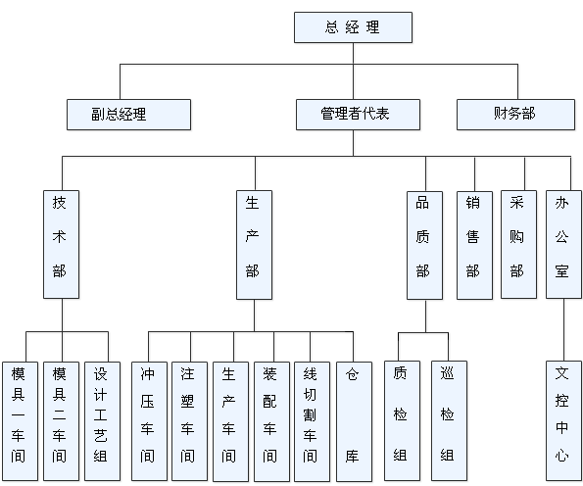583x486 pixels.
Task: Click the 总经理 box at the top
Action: point(353,27)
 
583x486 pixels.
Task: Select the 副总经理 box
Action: point(128,115)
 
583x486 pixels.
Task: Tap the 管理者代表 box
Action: point(358,115)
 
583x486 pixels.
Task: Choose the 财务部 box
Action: point(515,115)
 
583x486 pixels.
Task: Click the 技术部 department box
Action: point(61,244)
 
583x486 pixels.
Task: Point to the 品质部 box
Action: point(424,245)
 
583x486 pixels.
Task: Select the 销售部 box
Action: point(474,245)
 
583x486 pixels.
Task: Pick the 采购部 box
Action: point(518,245)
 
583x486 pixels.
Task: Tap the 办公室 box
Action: point(563,244)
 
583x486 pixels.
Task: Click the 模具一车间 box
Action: point(20,421)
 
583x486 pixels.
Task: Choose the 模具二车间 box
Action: point(61,421)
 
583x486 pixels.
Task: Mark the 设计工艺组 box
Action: point(102,421)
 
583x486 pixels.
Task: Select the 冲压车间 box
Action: point(149,421)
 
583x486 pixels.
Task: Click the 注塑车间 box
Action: point(190,421)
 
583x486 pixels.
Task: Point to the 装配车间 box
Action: point(271,421)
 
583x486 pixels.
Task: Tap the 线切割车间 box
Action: point(312,421)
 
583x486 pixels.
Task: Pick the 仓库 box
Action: point(354,421)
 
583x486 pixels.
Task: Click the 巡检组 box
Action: point(449,420)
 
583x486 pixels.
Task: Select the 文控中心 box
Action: point(563,420)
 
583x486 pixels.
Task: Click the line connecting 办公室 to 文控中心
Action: point(563,329)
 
